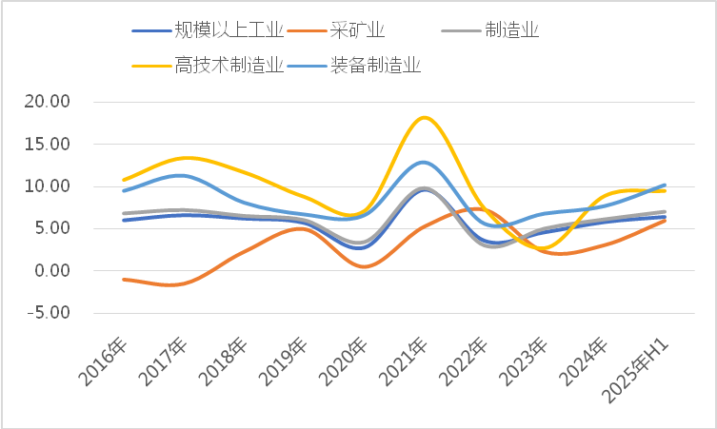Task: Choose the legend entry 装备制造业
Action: click(375, 66)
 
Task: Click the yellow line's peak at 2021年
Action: click(424, 117)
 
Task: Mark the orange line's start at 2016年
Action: click(123, 279)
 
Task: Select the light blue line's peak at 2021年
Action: click(424, 163)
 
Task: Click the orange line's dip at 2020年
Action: click(364, 266)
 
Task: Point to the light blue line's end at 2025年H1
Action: click(664, 185)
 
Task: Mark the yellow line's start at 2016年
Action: click(123, 180)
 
